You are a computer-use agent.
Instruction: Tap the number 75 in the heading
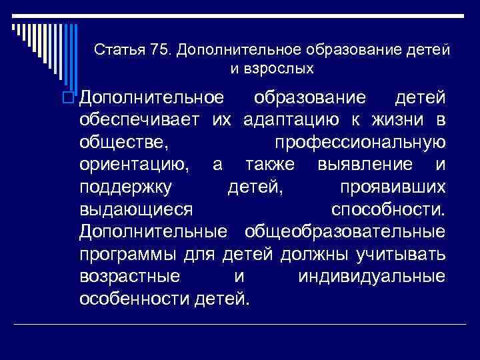159,50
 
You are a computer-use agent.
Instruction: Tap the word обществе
119,142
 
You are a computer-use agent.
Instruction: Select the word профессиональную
359,142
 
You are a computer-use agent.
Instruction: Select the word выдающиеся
135,209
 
